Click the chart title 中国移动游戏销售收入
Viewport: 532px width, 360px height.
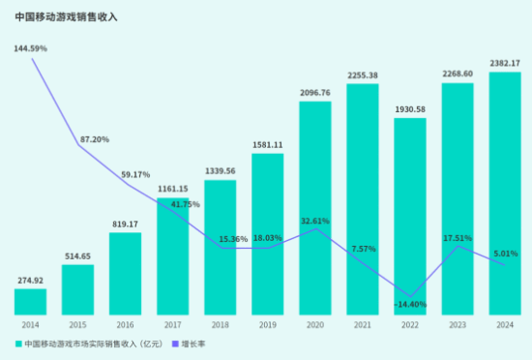click(66, 16)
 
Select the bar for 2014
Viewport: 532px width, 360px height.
click(30, 301)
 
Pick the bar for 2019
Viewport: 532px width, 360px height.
click(267, 233)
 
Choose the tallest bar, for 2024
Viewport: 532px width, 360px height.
click(504, 194)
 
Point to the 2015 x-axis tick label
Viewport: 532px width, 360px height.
click(77, 324)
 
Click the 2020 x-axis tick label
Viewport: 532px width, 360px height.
click(314, 324)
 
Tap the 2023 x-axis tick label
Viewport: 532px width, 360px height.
click(457, 324)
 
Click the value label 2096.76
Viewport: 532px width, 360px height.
click(315, 93)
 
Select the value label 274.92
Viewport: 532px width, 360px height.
click(31, 281)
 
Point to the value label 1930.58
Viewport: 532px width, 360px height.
click(409, 110)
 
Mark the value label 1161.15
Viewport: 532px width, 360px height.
click(173, 190)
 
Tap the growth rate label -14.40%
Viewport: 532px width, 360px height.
click(410, 305)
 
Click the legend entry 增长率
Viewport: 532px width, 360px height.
click(193, 344)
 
